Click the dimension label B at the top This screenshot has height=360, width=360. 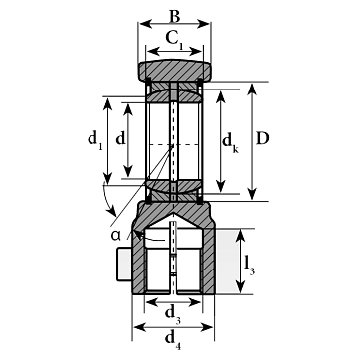[174, 16]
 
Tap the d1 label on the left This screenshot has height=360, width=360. [95, 140]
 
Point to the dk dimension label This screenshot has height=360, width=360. [230, 143]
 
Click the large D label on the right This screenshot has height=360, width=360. [262, 139]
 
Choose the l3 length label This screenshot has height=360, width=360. [250, 266]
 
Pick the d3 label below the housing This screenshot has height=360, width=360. [173, 314]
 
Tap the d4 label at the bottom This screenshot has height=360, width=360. [173, 340]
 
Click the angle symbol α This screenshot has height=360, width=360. [116, 235]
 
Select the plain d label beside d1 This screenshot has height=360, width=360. [121, 139]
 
